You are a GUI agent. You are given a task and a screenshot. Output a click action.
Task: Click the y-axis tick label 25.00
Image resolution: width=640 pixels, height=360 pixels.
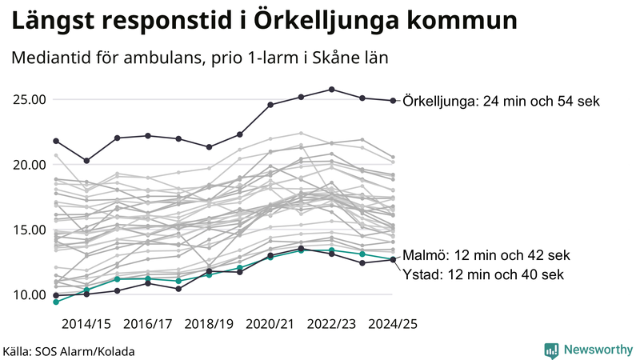click(x=29, y=100)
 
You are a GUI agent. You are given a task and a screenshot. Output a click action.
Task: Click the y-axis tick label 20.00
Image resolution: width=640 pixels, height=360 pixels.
click(x=29, y=165)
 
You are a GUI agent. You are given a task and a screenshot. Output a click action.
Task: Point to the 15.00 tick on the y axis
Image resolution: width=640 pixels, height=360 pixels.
click(x=29, y=230)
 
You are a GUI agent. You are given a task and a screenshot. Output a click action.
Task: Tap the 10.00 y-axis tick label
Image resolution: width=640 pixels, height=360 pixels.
click(x=29, y=294)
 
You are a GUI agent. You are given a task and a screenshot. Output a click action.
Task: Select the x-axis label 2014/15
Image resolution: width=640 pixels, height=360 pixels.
click(x=86, y=324)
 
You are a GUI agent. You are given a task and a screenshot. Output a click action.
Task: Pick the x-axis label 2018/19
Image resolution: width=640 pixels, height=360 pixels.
click(x=209, y=324)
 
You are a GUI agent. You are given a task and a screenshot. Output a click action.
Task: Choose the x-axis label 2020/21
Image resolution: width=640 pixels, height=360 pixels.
click(x=270, y=324)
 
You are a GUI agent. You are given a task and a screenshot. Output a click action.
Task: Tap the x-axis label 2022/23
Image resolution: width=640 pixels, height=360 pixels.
click(x=331, y=324)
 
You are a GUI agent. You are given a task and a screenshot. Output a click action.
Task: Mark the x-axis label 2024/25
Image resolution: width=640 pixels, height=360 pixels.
click(x=392, y=324)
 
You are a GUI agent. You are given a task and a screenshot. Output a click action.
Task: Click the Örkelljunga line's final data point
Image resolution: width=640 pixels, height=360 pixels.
click(x=393, y=101)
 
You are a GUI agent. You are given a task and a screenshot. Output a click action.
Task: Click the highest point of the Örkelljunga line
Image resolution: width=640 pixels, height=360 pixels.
click(x=332, y=90)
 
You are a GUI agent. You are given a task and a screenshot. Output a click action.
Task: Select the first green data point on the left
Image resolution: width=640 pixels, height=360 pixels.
click(x=56, y=302)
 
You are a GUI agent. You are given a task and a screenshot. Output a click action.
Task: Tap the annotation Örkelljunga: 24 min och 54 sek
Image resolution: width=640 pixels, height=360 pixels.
click(x=502, y=102)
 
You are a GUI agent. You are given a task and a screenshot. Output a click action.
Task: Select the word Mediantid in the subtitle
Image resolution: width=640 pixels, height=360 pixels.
click(x=50, y=59)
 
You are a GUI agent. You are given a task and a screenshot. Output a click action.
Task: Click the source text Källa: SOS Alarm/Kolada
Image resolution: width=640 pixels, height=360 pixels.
click(x=69, y=350)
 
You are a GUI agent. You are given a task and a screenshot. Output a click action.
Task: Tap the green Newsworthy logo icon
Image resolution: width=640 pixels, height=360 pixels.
click(x=551, y=350)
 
